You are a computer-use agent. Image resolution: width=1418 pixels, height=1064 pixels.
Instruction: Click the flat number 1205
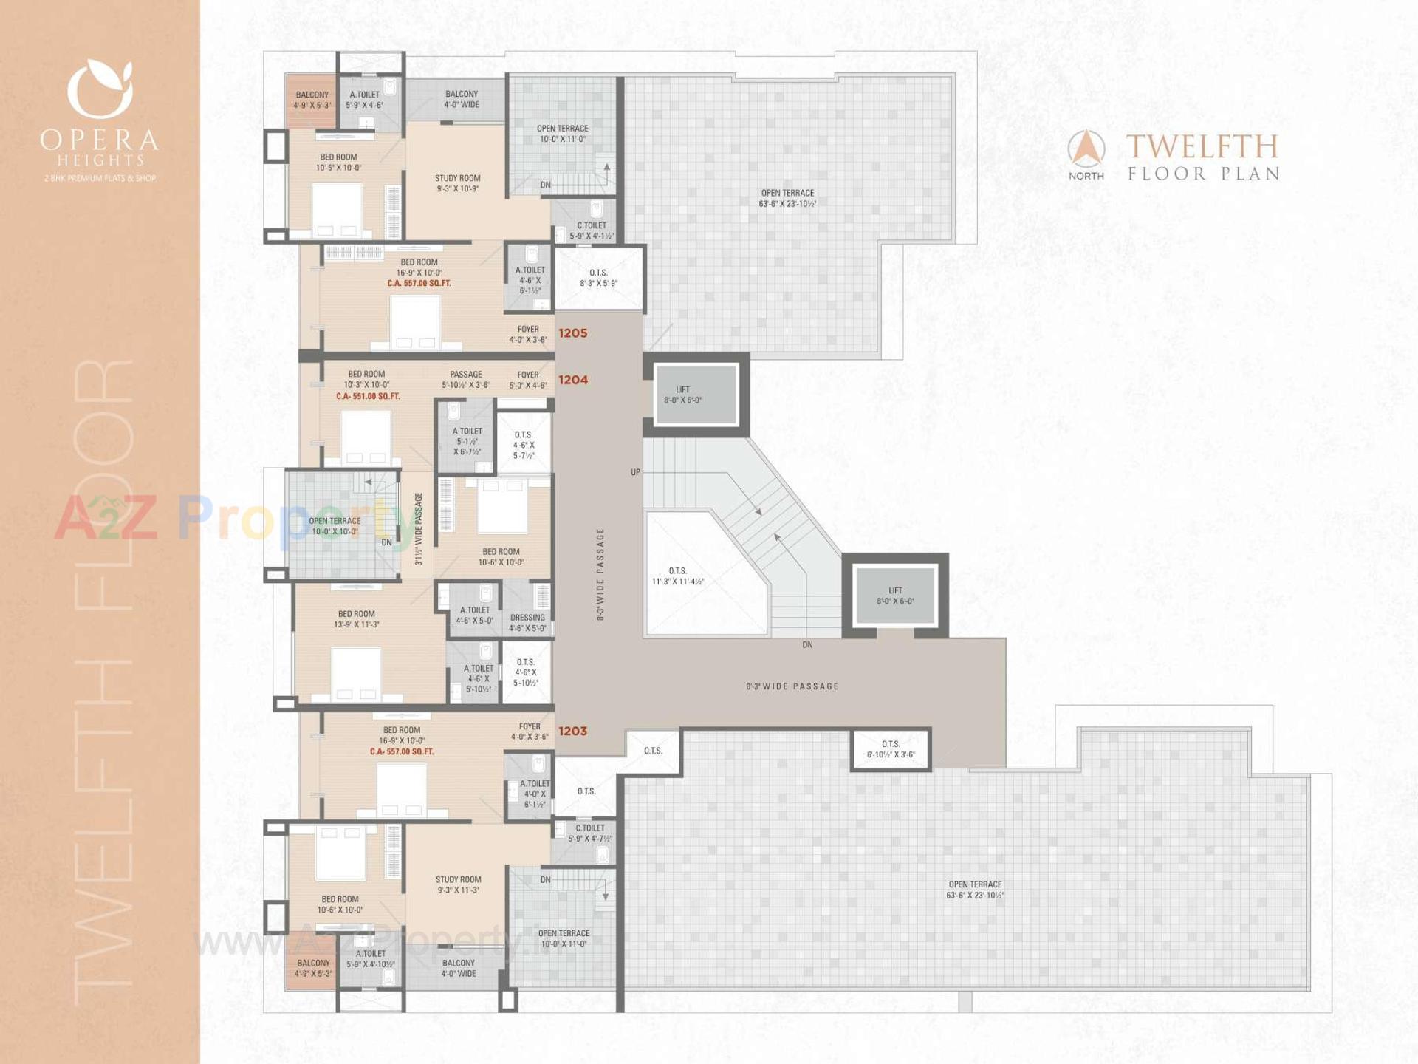(x=572, y=333)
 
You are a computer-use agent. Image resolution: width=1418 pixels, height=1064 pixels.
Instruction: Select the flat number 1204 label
(x=572, y=380)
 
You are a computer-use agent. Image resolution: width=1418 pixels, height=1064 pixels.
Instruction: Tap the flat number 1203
(x=572, y=731)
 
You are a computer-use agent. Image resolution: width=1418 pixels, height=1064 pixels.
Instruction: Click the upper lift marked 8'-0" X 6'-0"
(x=696, y=395)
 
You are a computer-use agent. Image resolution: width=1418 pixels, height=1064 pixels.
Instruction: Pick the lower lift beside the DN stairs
(x=895, y=596)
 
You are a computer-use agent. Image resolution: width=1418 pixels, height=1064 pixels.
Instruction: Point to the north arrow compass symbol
(x=1086, y=149)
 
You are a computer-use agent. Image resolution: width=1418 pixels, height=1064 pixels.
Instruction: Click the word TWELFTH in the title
(x=1202, y=147)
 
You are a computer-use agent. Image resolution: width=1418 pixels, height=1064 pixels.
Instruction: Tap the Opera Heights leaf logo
(x=100, y=89)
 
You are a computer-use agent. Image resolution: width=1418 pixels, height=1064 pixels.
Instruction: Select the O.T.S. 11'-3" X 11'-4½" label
(x=677, y=576)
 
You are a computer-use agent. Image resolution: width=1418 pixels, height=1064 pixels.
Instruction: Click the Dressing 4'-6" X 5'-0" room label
(x=527, y=623)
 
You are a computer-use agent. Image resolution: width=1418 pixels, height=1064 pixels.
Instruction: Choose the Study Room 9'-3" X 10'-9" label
(x=457, y=183)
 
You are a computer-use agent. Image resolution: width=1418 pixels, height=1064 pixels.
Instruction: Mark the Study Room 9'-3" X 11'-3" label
(x=458, y=884)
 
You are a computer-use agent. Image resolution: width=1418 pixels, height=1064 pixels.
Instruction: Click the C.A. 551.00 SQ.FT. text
(x=368, y=397)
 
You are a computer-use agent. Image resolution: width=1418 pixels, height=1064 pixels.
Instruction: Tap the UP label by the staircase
(x=635, y=472)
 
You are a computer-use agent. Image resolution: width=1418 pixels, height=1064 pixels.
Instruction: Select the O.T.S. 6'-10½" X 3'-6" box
(x=891, y=749)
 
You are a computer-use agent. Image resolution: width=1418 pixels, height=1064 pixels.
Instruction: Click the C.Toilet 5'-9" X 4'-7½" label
(x=589, y=833)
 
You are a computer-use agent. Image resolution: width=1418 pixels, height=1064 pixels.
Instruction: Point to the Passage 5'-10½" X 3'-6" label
(x=466, y=380)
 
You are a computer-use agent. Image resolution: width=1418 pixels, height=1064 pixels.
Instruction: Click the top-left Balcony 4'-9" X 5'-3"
(x=312, y=100)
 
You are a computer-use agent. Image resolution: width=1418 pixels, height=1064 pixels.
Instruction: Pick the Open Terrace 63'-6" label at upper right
(x=787, y=198)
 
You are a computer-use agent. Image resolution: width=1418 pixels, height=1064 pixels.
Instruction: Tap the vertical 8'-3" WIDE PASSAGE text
(x=600, y=573)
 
